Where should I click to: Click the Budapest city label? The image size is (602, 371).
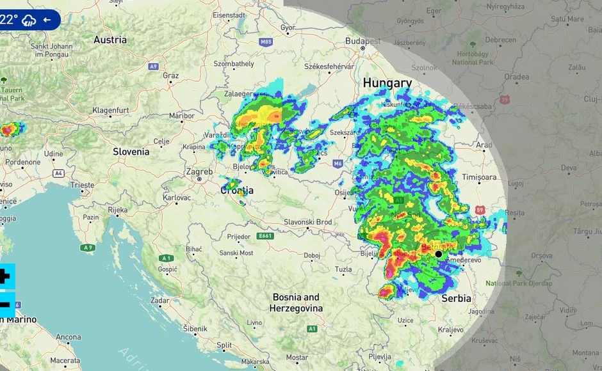[x=362, y=40]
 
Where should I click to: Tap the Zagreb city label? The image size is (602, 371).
[x=199, y=172]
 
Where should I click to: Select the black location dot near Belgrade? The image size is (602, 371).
[x=439, y=254]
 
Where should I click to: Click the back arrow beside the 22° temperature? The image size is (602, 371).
[x=47, y=20]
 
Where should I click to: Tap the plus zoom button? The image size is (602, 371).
[x=4, y=277]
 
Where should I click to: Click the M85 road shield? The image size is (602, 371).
[x=266, y=42]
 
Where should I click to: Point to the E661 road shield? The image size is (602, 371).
[x=264, y=236]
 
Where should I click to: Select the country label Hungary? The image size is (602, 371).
[x=387, y=83]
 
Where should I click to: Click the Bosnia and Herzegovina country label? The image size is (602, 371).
[x=296, y=303]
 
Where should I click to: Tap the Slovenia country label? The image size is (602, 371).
[x=131, y=152]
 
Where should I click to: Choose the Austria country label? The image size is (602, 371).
[x=110, y=40]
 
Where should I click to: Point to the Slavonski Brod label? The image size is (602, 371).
[x=308, y=222]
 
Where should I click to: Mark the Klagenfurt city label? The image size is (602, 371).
[x=110, y=110]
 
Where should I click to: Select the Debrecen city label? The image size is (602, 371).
[x=500, y=40]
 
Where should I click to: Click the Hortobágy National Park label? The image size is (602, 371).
[x=473, y=58]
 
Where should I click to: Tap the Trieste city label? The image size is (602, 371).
[x=83, y=185]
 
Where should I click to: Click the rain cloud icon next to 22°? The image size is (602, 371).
[x=28, y=20]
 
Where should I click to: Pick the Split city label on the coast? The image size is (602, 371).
[x=224, y=345]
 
